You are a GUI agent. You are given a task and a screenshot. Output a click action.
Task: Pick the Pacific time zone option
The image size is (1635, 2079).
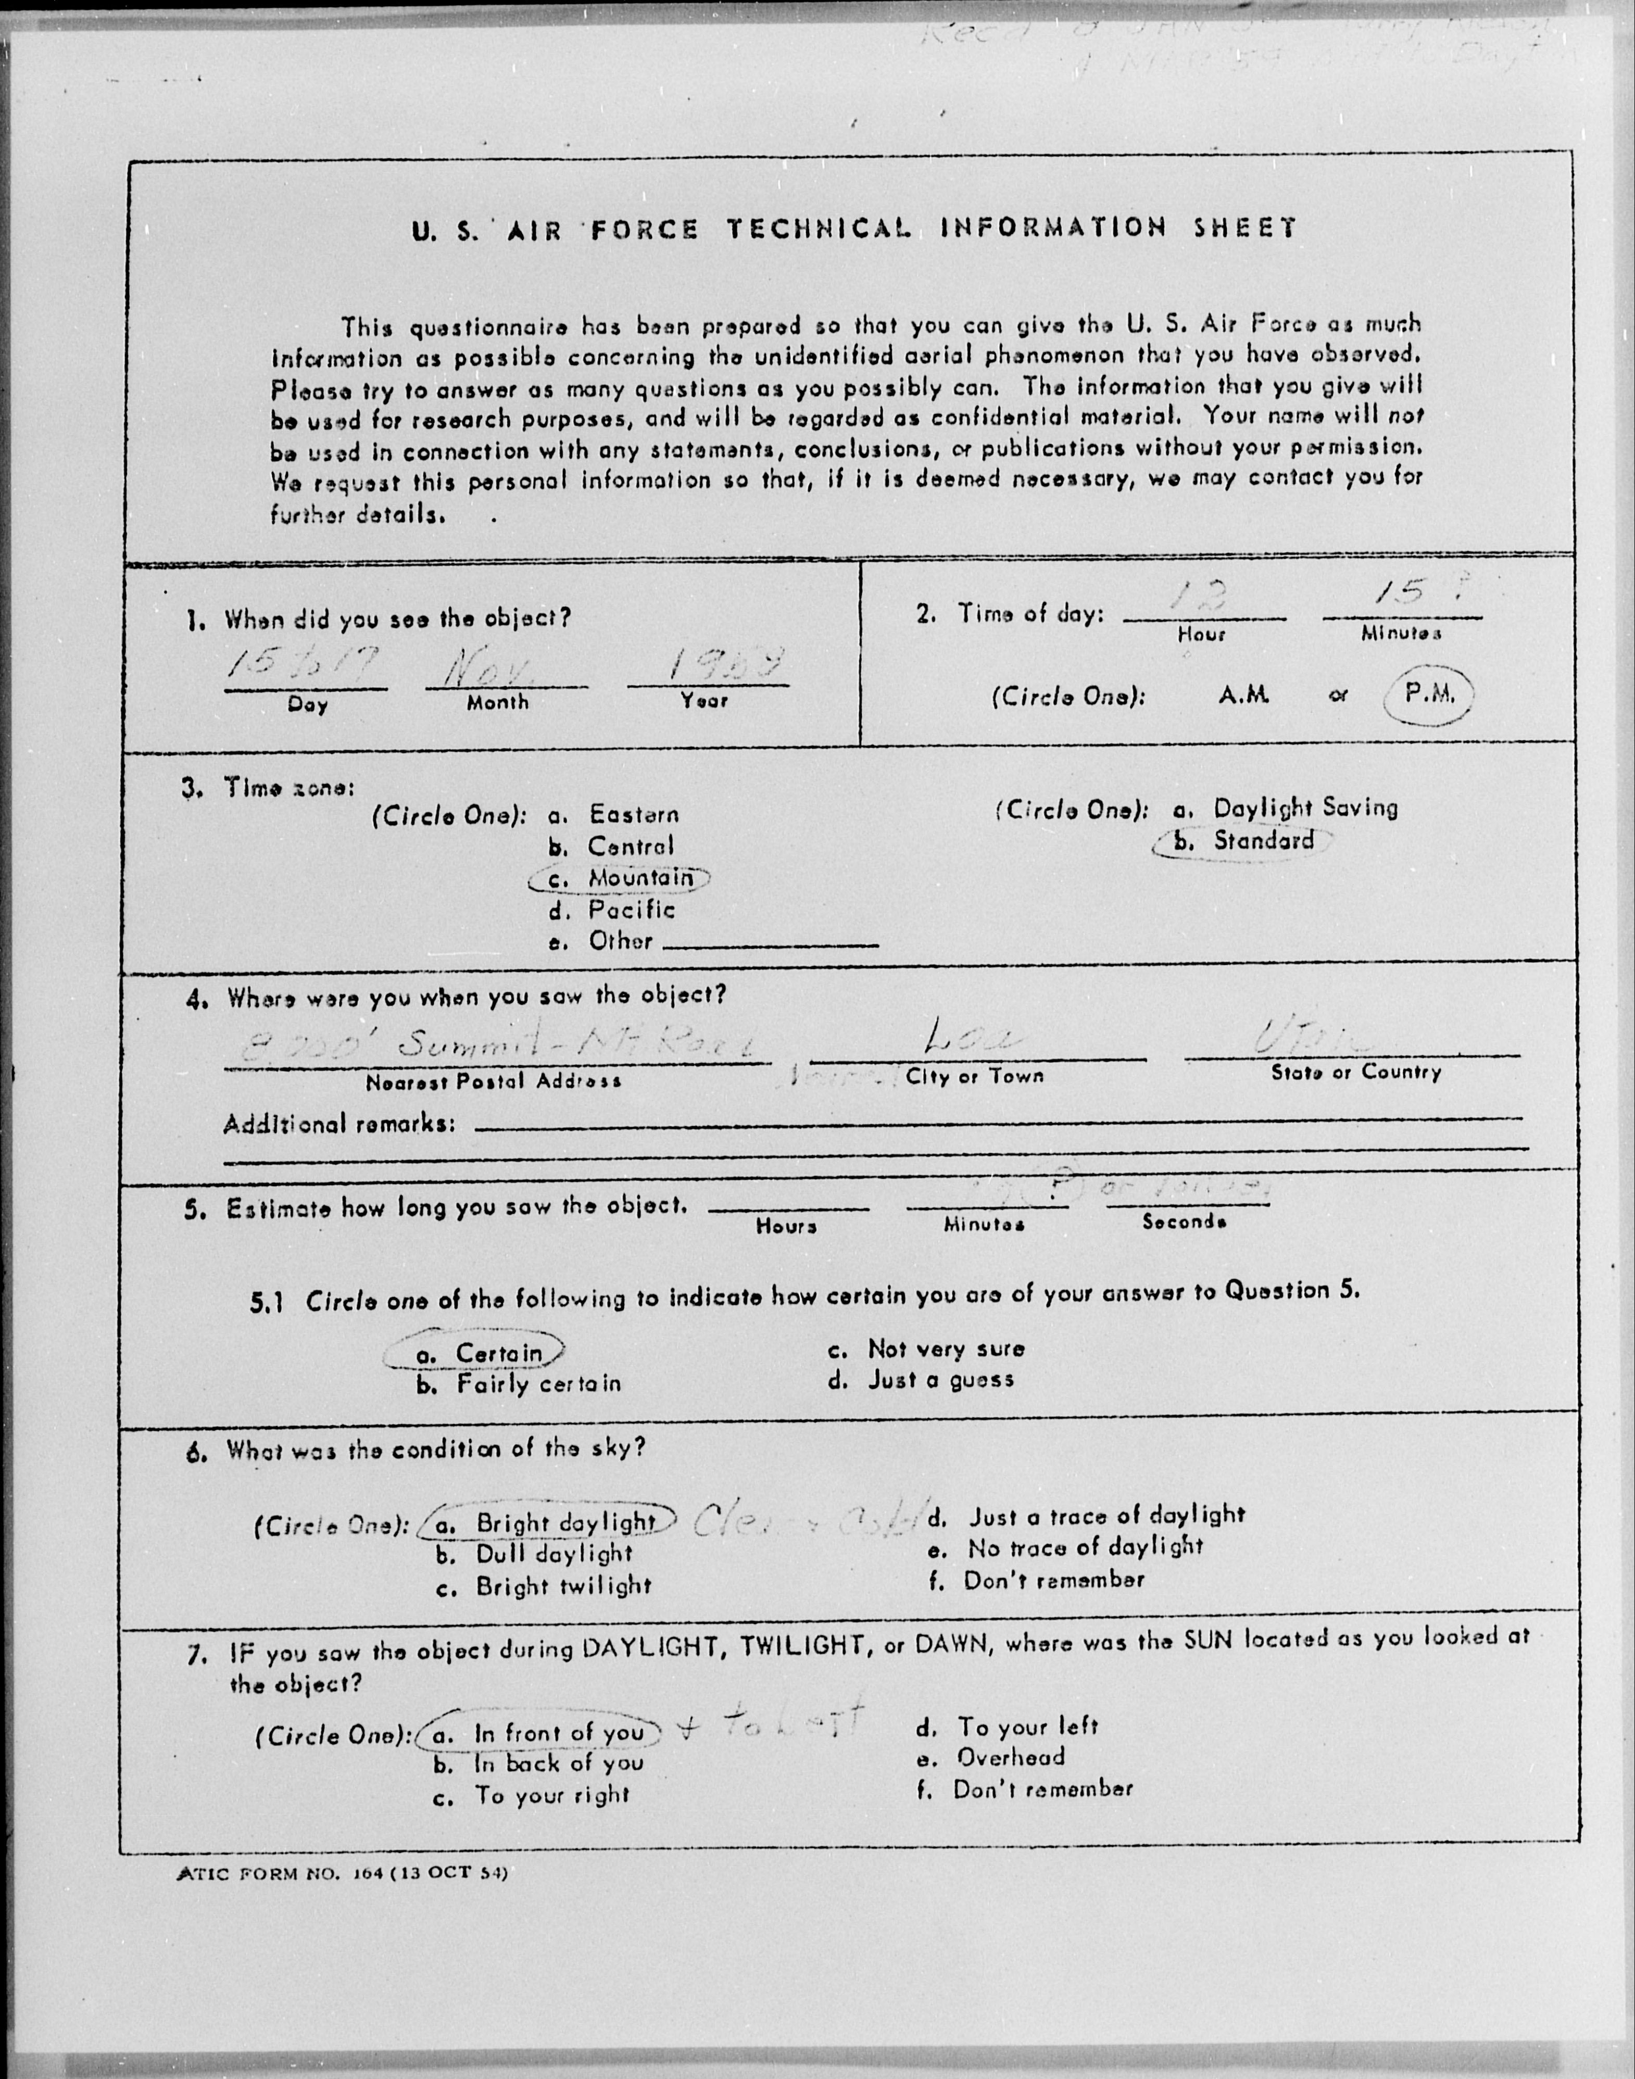click(631, 909)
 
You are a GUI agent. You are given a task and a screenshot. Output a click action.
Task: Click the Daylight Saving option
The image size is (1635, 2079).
click(1305, 808)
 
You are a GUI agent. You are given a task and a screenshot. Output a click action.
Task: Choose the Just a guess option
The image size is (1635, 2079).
click(940, 1379)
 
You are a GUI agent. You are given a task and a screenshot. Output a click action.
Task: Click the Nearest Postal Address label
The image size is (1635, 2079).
click(493, 1081)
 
